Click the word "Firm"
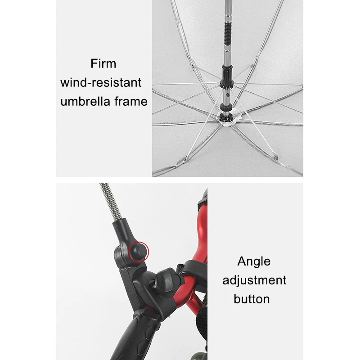[103, 63]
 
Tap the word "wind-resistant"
[101, 82]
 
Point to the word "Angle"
[254, 262]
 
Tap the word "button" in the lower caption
[252, 299]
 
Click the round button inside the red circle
[138, 252]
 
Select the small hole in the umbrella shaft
[228, 94]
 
